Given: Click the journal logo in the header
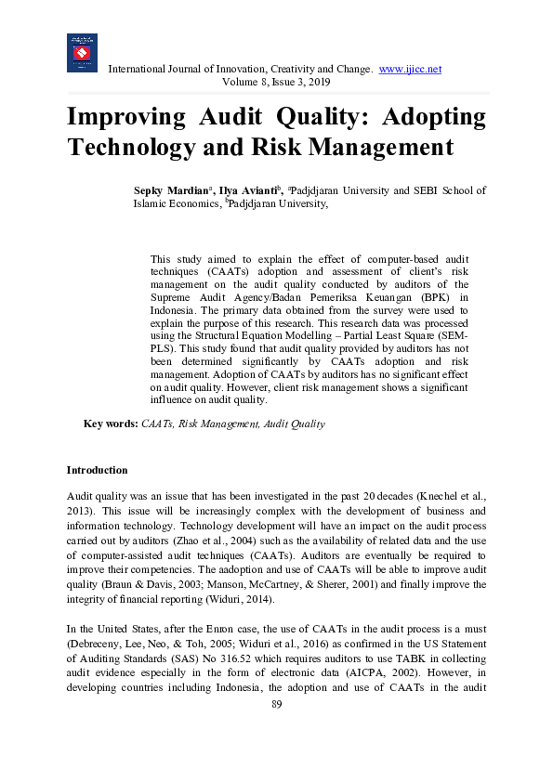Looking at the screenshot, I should tap(82, 53).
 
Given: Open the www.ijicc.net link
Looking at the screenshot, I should tap(410, 70).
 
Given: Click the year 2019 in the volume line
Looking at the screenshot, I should tap(304, 83).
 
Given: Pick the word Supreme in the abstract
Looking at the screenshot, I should tap(175, 297).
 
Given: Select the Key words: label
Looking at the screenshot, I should tap(111, 424).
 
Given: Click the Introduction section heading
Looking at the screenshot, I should tap(97, 470).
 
